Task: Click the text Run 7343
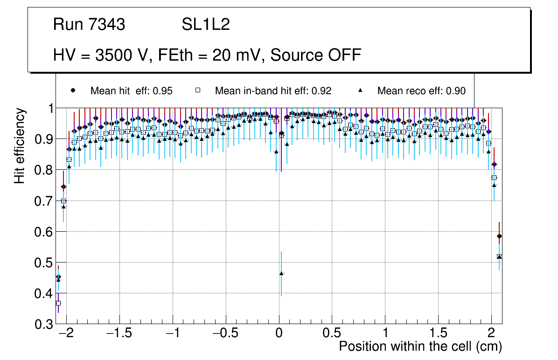[89, 25]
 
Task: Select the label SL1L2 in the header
[206, 25]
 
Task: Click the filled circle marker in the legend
[73, 90]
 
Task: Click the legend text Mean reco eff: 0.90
[421, 91]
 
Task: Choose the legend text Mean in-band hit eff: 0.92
[273, 91]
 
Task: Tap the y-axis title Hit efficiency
[20, 145]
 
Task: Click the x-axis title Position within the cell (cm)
[420, 346]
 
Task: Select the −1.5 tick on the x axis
[119, 333]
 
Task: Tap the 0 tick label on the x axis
[279, 333]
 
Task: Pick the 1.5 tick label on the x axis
[438, 333]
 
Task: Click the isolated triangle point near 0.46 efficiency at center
[281, 273]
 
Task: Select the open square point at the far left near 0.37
[58, 303]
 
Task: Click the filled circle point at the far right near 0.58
[499, 236]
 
